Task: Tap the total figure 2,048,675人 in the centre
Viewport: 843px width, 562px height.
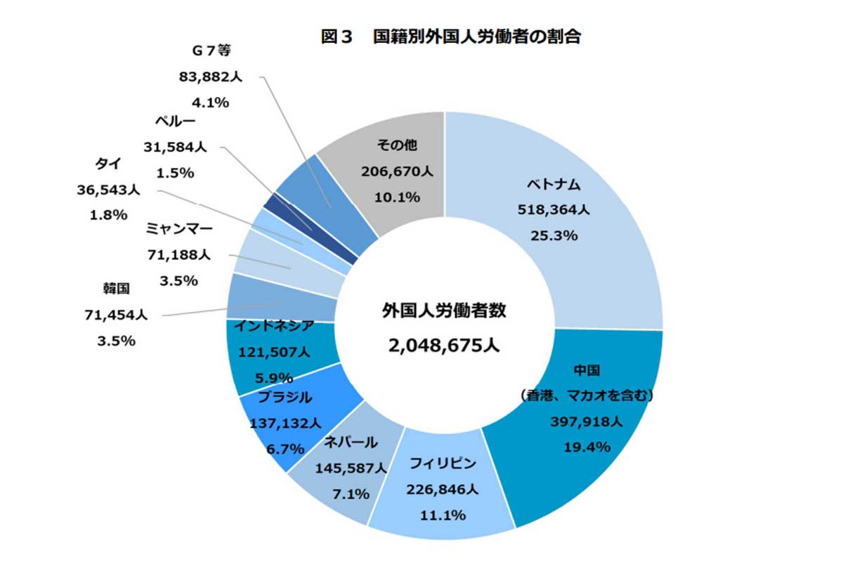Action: point(444,345)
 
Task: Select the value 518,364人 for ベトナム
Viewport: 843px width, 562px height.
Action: point(554,210)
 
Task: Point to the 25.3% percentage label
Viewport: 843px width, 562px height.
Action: point(554,235)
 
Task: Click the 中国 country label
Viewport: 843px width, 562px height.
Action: point(587,370)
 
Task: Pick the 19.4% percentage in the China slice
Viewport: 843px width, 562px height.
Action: point(587,447)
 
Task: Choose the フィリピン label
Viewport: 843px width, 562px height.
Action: point(443,464)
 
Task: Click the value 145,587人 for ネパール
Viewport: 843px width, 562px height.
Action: point(351,468)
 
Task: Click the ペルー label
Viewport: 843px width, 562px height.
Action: point(175,122)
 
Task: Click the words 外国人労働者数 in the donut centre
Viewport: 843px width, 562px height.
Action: point(444,311)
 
